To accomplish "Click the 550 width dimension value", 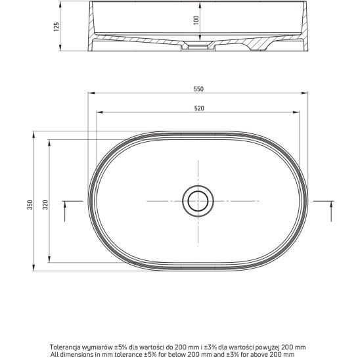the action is [x=198, y=89].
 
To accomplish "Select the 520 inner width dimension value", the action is [x=199, y=108].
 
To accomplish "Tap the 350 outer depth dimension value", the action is [x=30, y=204].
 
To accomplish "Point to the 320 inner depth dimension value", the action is [x=45, y=204].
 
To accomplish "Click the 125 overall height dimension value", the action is [x=56, y=27].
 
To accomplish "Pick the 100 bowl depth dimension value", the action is [x=196, y=20].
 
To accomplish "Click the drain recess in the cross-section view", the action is [x=198, y=46].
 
